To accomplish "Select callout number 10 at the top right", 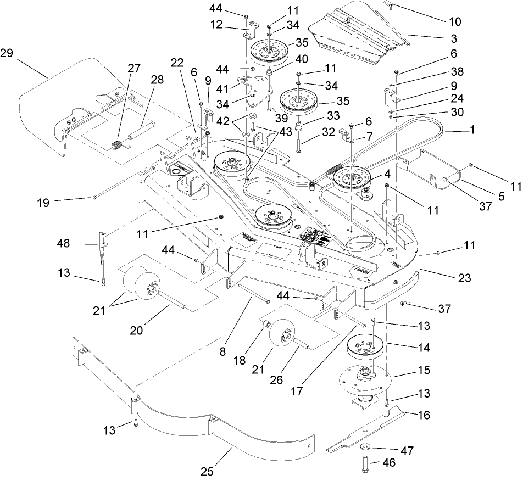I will pos(455,23).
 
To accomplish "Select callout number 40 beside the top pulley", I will pos(302,59).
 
